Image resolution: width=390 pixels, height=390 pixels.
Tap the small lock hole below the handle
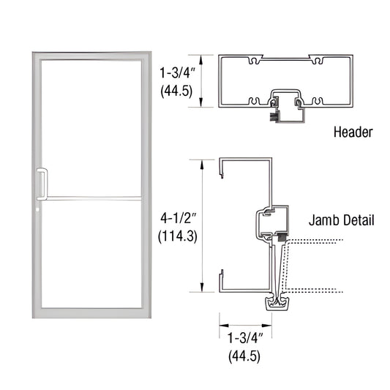pos(37,214)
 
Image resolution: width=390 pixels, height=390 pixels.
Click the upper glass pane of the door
pos(91,124)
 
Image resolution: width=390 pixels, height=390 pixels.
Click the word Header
pos(353,132)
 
